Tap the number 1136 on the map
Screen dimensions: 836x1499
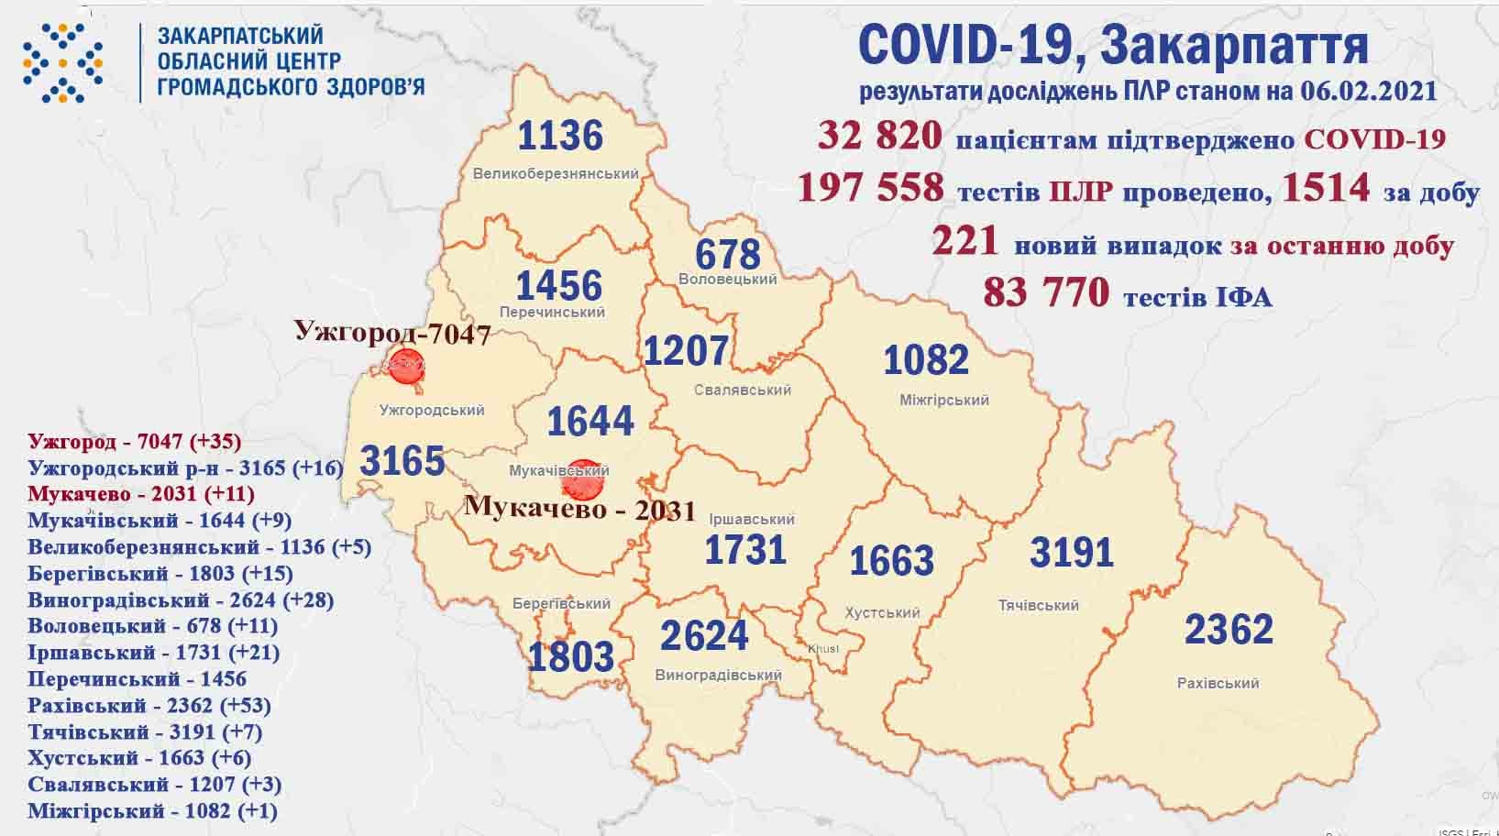pos(560,136)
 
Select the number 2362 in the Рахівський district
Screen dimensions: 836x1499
pos(1229,630)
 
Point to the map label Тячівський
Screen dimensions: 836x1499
pos(1038,605)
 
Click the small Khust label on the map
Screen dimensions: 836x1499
pos(822,649)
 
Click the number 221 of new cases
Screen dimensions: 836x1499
pos(964,242)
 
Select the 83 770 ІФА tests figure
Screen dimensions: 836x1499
pos(1045,293)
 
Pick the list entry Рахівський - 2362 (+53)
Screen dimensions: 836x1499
pos(149,706)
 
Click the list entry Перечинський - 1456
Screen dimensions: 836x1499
pos(138,679)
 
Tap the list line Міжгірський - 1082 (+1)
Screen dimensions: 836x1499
pos(152,811)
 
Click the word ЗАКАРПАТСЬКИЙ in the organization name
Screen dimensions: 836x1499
pos(240,36)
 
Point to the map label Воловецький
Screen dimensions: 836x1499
pos(728,279)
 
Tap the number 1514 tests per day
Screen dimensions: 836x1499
pos(1326,189)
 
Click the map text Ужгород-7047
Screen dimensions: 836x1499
pos(392,332)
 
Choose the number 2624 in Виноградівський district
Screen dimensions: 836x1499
pos(704,634)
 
